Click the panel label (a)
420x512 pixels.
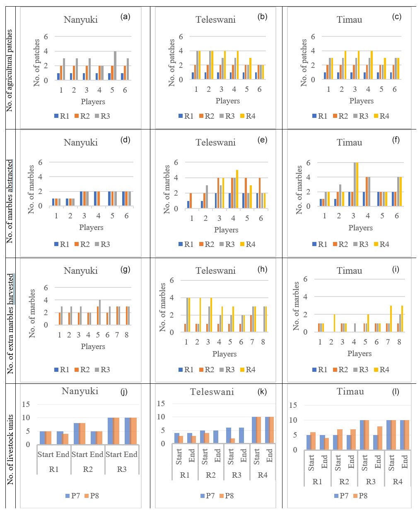[125, 17]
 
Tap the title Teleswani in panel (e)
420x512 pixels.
[215, 143]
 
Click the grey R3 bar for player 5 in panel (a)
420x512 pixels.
[115, 66]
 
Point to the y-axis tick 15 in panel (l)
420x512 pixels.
[293, 405]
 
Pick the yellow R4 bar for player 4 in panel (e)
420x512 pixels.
[237, 189]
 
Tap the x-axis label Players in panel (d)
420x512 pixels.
[91, 227]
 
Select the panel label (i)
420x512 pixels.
[396, 269]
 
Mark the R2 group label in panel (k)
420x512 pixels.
[211, 475]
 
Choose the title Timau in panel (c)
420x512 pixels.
[349, 20]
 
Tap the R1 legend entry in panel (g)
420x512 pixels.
[62, 370]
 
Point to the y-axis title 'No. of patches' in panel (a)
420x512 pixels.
[37, 63]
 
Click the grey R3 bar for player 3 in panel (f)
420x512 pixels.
[355, 184]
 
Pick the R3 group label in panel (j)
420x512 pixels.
[122, 469]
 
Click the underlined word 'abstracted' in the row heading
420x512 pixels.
[10, 177]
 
